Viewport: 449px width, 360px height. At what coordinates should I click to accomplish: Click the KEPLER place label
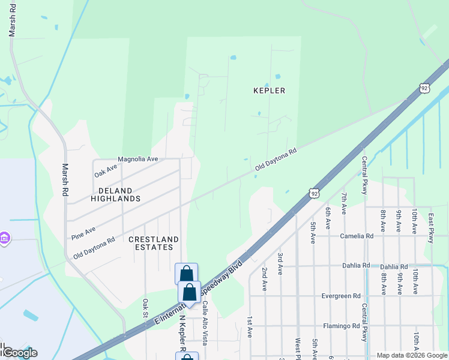(x=270, y=91)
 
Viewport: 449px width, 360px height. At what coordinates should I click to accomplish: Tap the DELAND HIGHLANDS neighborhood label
(x=115, y=194)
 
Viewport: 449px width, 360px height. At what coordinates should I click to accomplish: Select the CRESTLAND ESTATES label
(x=154, y=244)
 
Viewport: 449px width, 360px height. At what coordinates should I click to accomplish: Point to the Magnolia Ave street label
(x=137, y=159)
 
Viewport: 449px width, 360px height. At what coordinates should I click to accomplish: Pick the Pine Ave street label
(x=83, y=231)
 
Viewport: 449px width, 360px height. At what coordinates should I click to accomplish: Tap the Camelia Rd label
(x=357, y=236)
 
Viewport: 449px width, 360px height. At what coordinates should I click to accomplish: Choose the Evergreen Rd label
(x=340, y=296)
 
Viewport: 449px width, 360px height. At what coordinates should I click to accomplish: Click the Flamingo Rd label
(x=340, y=326)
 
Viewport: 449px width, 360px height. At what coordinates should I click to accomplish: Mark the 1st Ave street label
(x=249, y=327)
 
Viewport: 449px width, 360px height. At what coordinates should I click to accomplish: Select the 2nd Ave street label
(x=264, y=278)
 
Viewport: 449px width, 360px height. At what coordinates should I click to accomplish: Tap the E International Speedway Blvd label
(x=198, y=293)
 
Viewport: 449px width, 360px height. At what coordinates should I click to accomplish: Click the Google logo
(x=19, y=353)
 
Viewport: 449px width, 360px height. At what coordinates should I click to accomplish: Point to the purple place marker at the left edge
(x=5, y=239)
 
